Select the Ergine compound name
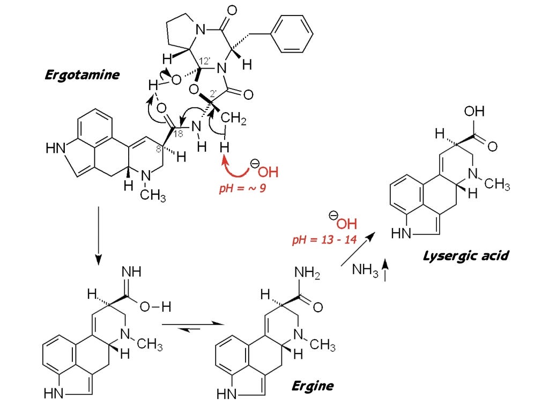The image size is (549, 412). click(x=313, y=385)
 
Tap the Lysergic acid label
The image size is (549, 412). click(x=465, y=255)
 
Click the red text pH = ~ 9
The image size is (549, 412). click(x=242, y=188)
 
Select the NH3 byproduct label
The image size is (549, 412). click(x=365, y=269)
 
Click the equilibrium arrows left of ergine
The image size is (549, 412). click(x=192, y=325)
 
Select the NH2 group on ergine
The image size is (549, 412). click(x=308, y=275)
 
